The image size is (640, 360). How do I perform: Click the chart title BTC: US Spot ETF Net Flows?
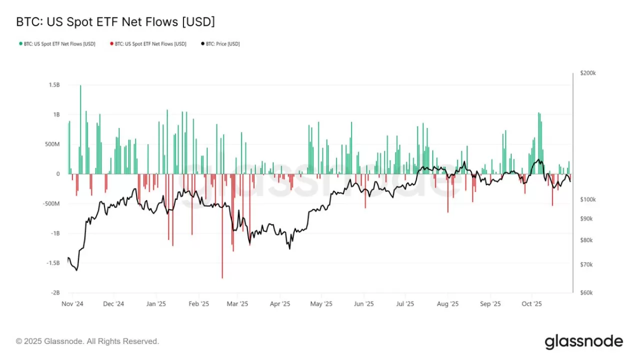[115, 22]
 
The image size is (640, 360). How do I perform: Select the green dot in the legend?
[20, 44]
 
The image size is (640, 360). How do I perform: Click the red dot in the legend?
[111, 44]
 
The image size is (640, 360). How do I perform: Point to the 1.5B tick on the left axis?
[54, 85]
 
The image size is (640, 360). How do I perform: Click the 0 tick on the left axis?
[58, 174]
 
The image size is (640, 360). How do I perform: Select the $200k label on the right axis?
[587, 73]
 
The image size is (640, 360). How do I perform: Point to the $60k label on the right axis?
[586, 293]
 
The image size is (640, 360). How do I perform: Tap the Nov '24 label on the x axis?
[72, 303]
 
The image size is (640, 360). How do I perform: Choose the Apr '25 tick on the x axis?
[280, 303]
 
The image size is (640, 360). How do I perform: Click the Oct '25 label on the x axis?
[532, 303]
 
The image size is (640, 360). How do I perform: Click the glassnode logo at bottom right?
[583, 342]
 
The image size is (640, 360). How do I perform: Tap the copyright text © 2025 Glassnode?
[87, 341]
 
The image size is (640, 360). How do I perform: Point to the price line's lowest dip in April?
[289, 248]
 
